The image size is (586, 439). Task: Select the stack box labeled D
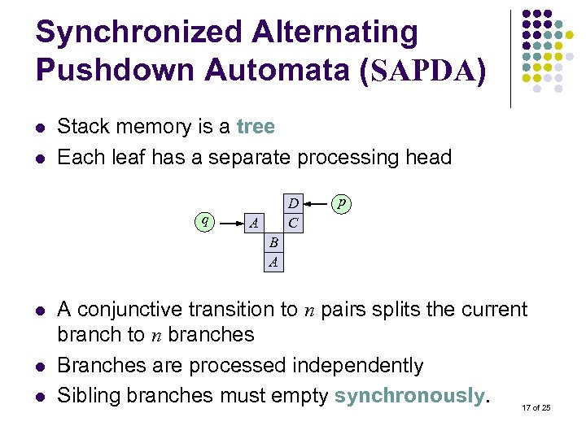click(293, 203)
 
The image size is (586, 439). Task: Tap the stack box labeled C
click(293, 222)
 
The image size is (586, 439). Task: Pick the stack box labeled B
click(274, 242)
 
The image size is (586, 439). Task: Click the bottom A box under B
click(274, 261)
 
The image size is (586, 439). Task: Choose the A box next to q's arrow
click(255, 223)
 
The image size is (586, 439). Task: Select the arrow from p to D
click(317, 202)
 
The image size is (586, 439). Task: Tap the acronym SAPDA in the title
click(424, 72)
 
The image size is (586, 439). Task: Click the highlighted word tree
click(256, 127)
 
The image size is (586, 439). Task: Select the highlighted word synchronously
click(409, 396)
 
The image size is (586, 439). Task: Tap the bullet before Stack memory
click(41, 128)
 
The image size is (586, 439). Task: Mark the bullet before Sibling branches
click(41, 397)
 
